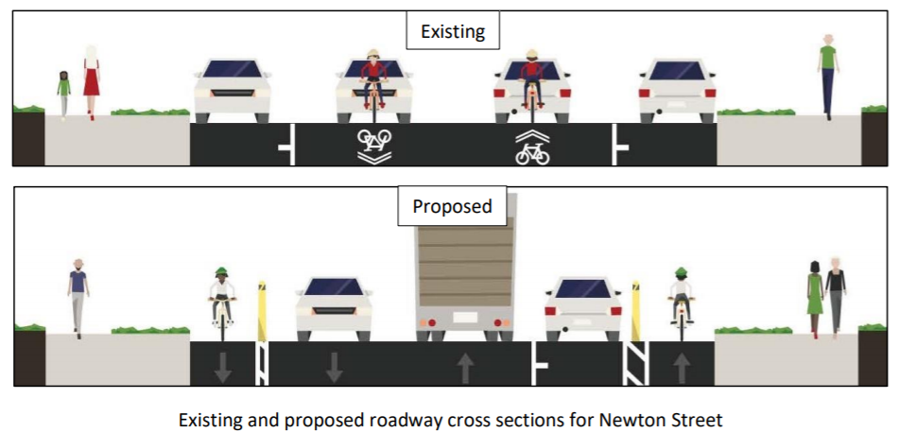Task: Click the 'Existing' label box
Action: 452,31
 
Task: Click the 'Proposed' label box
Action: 452,206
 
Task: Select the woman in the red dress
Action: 91,81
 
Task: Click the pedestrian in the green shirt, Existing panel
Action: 828,76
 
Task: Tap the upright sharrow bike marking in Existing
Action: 532,147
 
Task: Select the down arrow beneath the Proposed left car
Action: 333,367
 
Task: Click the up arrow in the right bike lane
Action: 681,367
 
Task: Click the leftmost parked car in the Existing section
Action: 233,90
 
